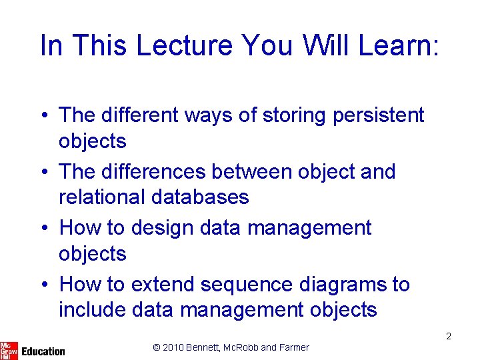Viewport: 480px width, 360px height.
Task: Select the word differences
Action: [152, 171]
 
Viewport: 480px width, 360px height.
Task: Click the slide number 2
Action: [449, 336]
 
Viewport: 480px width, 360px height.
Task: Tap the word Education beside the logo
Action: [43, 351]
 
